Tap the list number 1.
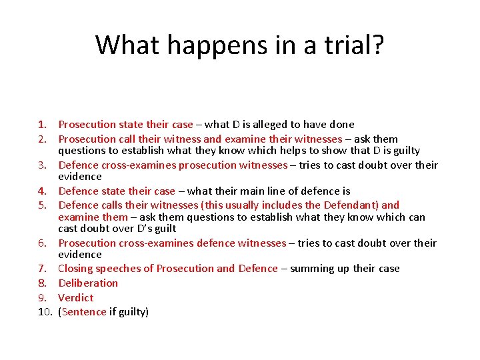click(x=41, y=125)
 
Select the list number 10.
click(x=45, y=312)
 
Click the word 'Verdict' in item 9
click(x=76, y=298)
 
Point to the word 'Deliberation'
click(x=88, y=283)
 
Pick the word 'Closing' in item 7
click(x=76, y=269)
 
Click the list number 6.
click(x=41, y=243)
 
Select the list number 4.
click(x=41, y=191)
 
